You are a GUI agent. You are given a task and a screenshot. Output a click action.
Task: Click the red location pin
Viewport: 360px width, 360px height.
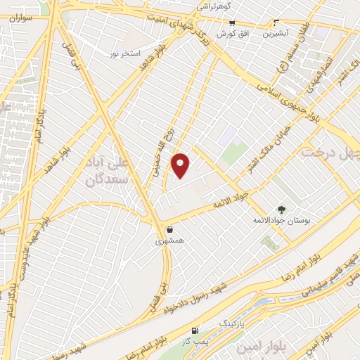point(181,165)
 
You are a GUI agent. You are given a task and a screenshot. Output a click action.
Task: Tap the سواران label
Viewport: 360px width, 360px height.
point(21,18)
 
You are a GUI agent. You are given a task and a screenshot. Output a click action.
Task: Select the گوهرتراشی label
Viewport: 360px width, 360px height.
point(214,6)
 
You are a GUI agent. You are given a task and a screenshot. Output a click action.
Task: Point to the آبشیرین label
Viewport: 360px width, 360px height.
point(276,32)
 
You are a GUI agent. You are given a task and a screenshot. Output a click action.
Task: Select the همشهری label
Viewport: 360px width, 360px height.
point(169,240)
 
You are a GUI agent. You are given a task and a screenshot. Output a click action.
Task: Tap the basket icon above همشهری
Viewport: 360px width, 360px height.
point(169,229)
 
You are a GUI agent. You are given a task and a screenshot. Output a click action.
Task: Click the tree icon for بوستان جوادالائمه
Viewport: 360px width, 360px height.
point(281,209)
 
